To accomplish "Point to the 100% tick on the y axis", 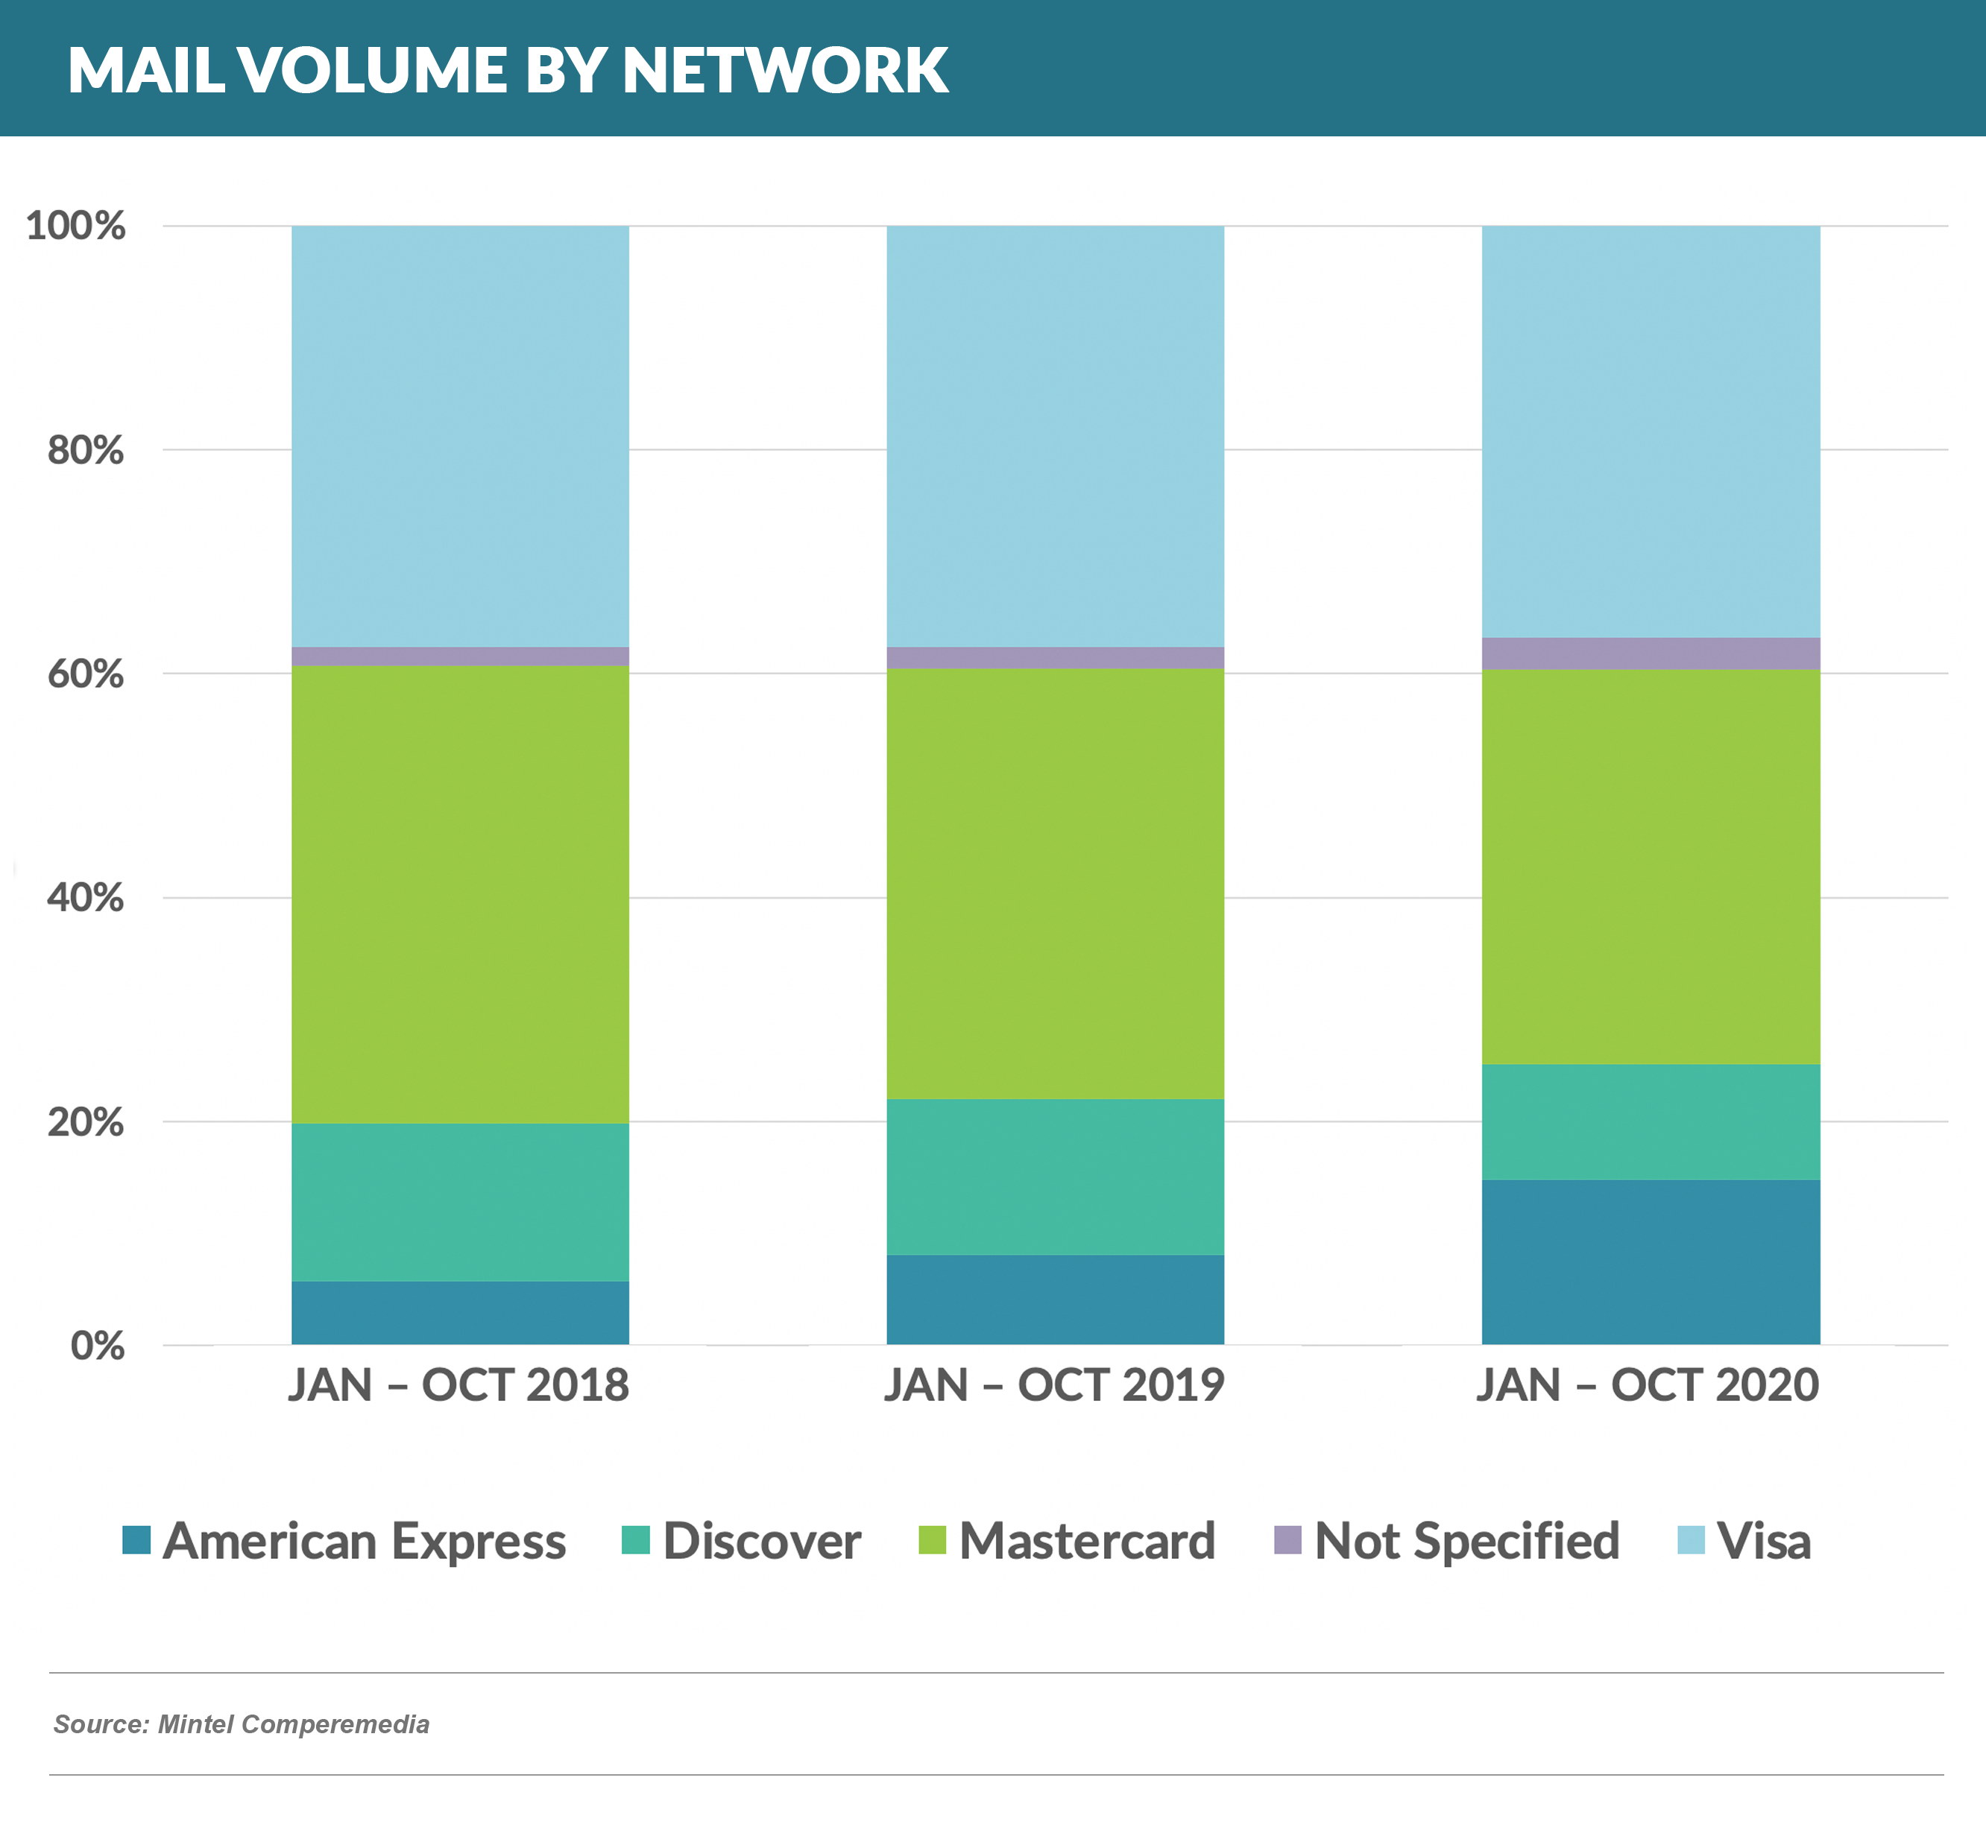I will (75, 226).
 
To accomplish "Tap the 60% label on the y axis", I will (86, 674).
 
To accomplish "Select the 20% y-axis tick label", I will (86, 1122).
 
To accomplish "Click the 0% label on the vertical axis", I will (97, 1346).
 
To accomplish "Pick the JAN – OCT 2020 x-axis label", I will (1648, 1385).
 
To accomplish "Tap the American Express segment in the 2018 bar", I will (460, 1314).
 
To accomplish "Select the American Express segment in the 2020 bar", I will (1651, 1262).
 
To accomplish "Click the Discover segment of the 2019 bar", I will (1055, 1177).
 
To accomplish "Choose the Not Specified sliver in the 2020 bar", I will (1651, 653).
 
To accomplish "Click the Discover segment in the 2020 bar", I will (1651, 1121).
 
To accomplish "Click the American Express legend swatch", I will (136, 1540).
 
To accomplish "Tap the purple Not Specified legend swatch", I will (1288, 1540).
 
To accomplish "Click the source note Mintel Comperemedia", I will (241, 1724).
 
